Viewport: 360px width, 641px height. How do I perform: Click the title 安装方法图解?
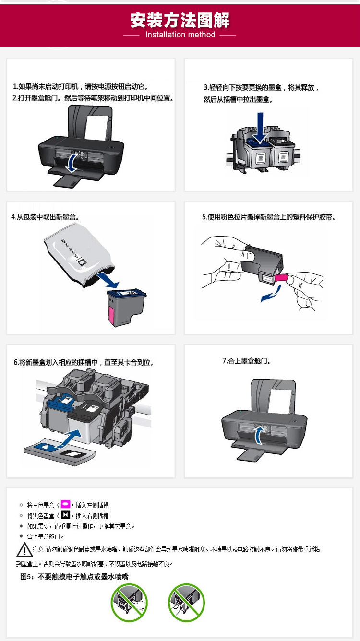point(180,20)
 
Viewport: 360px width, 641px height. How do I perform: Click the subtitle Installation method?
point(180,35)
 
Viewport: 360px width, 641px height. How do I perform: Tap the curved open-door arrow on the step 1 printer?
point(72,163)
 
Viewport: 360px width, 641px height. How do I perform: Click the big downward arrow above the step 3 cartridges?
point(260,127)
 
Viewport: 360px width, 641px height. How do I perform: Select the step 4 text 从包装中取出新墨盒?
point(48,217)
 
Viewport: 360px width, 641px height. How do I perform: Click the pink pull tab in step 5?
point(281,278)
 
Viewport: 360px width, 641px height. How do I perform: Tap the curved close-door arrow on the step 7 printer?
point(259,435)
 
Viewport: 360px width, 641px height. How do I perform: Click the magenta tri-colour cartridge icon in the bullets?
point(65,504)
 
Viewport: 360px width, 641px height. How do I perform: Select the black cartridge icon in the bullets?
point(65,515)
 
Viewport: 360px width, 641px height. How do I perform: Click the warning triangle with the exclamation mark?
point(24,549)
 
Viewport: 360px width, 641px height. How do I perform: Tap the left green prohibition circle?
point(129,603)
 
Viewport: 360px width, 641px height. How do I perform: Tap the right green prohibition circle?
point(186,603)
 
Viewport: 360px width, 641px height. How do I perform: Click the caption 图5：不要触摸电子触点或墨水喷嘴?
point(74,576)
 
